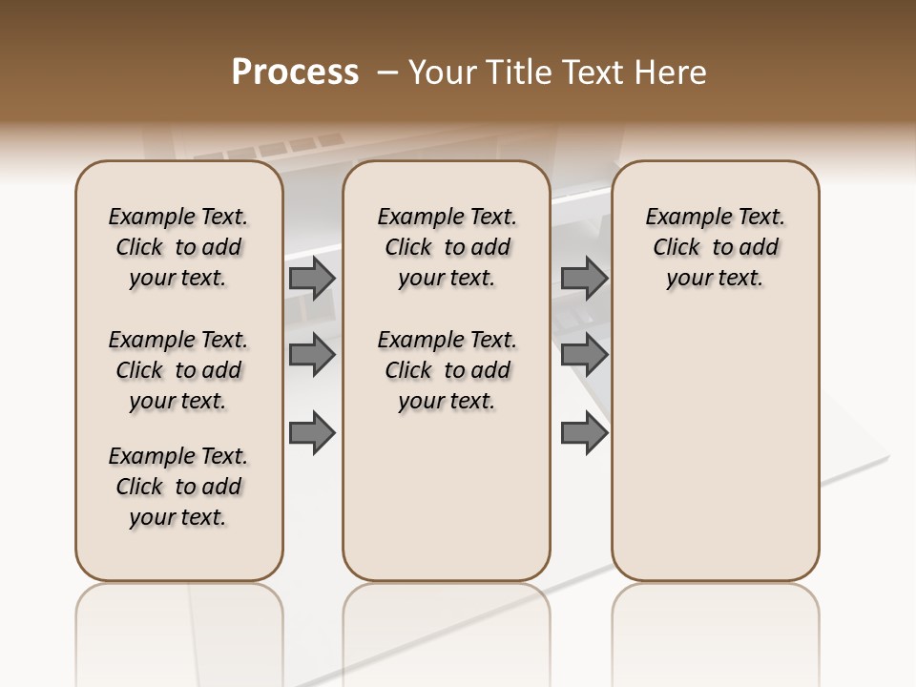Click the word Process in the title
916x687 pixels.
(x=295, y=73)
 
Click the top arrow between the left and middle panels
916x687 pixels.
(x=312, y=278)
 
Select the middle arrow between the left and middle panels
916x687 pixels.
(x=312, y=355)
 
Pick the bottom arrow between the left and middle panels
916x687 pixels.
(x=312, y=433)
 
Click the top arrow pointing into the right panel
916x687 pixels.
(x=584, y=278)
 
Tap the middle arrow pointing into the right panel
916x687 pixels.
(x=584, y=355)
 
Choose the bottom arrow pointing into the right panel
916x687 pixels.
(x=584, y=433)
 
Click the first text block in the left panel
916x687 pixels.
(x=178, y=247)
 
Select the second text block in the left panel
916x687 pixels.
(x=178, y=370)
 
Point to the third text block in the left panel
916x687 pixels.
(x=178, y=487)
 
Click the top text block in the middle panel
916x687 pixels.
(x=447, y=247)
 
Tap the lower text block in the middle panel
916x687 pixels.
(x=447, y=370)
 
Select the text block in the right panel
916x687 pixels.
(x=716, y=247)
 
